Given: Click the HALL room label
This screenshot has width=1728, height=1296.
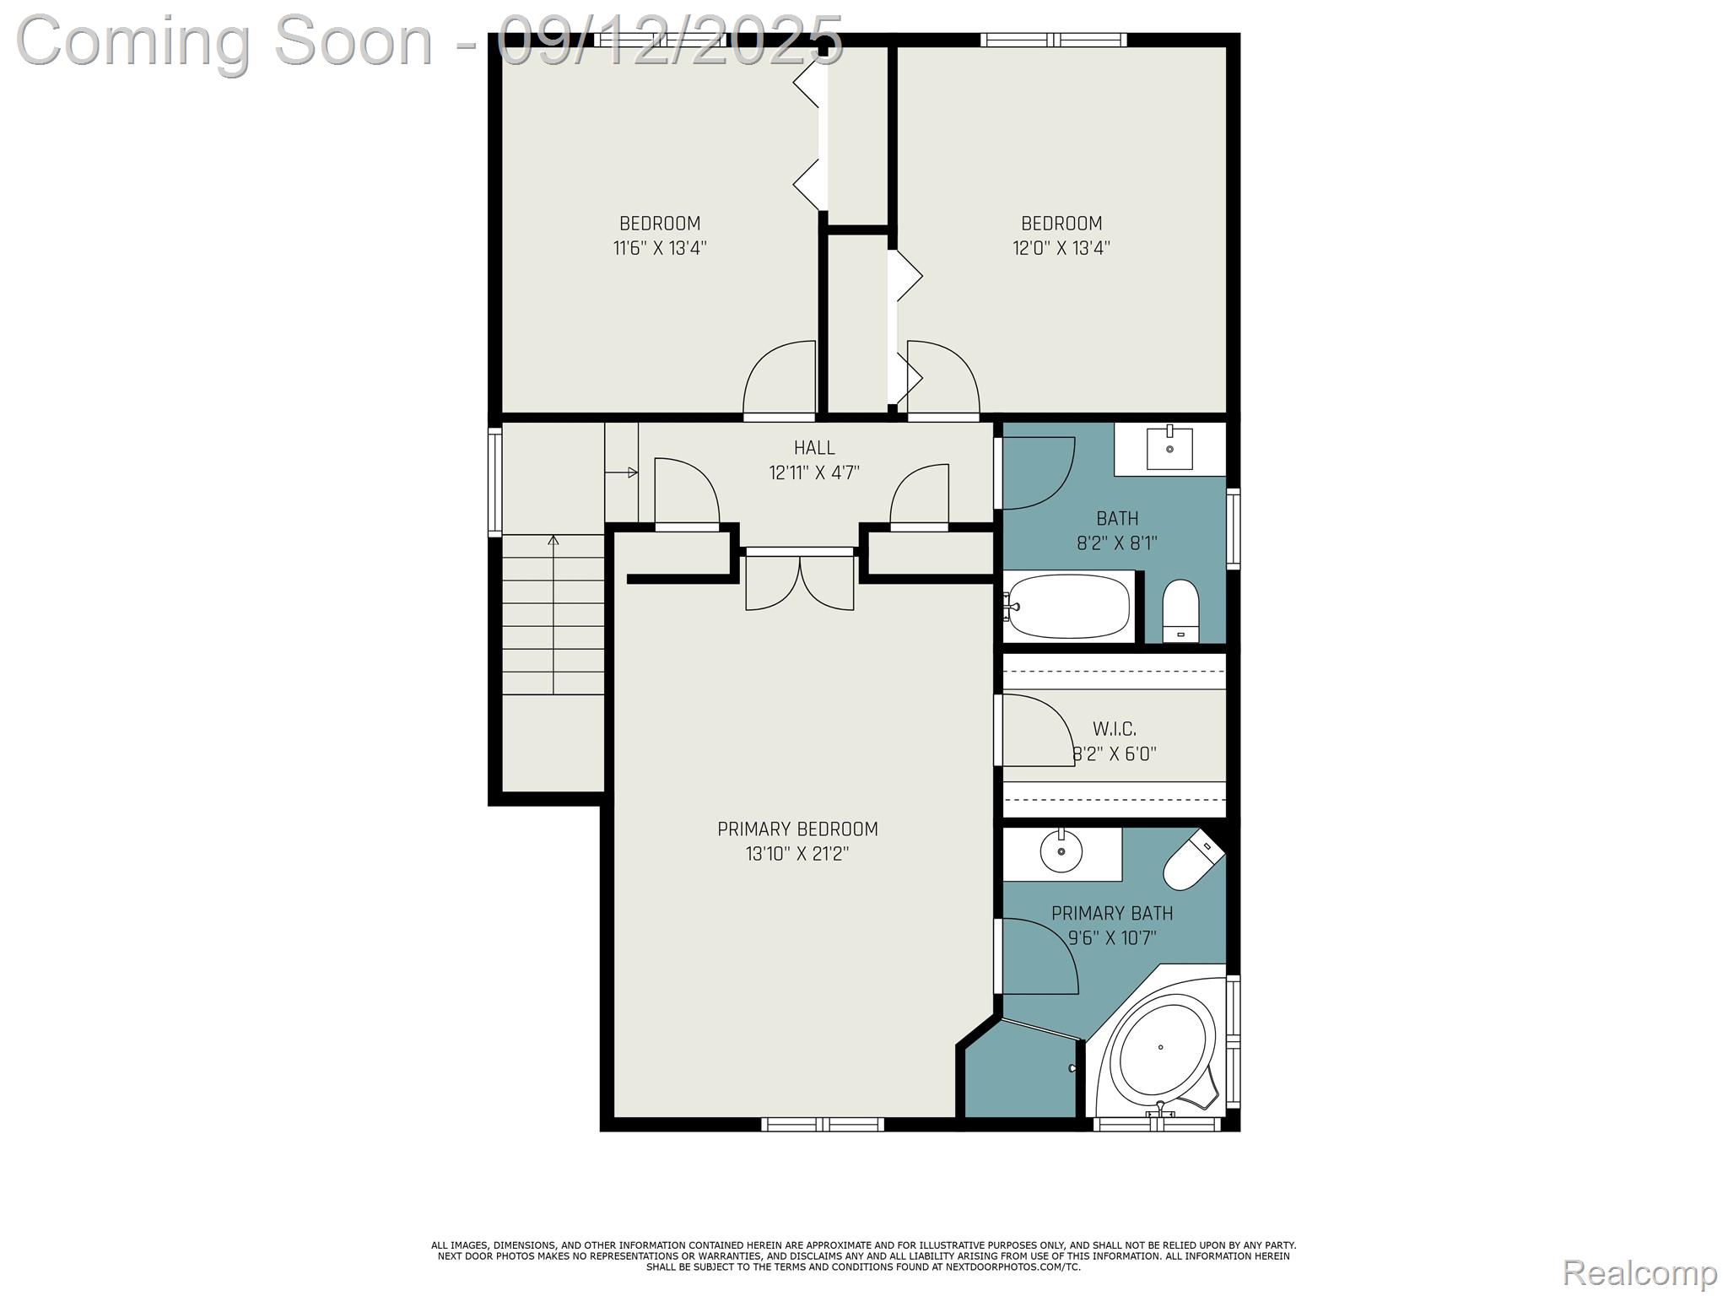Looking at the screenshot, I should pos(814,448).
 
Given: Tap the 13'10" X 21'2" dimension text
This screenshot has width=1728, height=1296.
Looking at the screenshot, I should pos(797,854).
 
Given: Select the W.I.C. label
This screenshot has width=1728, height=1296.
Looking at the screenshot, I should pos(1115,729).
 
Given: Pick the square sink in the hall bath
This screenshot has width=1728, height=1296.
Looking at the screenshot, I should pos(1169,448).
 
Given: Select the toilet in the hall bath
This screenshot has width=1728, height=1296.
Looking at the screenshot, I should pos(1180,610).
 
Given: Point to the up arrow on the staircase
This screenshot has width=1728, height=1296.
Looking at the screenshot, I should pos(553,541).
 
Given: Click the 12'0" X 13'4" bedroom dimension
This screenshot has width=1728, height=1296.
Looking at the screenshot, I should pos(1061,248).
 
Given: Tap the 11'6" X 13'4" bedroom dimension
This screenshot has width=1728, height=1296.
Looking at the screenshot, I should pos(660,248).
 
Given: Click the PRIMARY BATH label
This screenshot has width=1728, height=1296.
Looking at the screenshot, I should pos(1112,913).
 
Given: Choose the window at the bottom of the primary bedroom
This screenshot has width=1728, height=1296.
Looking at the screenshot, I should pos(823,1124).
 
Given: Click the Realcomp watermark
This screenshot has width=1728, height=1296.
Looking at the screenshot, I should pos(1639,1272).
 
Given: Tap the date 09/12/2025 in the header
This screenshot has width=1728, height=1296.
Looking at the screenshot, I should pos(670,40).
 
